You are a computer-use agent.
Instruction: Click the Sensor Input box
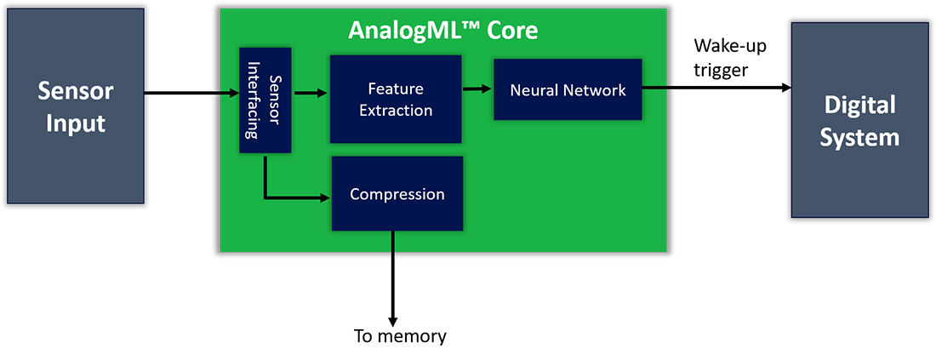tap(75, 106)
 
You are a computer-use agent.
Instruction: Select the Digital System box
tap(859, 119)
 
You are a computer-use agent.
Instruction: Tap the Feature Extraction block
tap(396, 99)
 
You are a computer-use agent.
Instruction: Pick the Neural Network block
tap(568, 89)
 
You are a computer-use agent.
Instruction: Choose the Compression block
tap(397, 193)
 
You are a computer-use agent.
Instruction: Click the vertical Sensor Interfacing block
tap(265, 100)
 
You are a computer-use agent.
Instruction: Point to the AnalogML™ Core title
tap(443, 31)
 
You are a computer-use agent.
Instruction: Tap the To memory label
tap(400, 336)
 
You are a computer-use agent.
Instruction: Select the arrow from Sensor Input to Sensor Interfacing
tap(191, 93)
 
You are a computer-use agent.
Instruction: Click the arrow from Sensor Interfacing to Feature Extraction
tap(311, 93)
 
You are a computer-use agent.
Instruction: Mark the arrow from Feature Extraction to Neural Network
tap(477, 89)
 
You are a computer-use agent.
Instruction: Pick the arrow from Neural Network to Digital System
tap(716, 89)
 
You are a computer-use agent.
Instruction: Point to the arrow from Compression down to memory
tap(393, 276)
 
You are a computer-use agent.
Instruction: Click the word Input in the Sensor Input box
tap(75, 123)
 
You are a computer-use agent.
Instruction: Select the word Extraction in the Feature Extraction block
tap(396, 110)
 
